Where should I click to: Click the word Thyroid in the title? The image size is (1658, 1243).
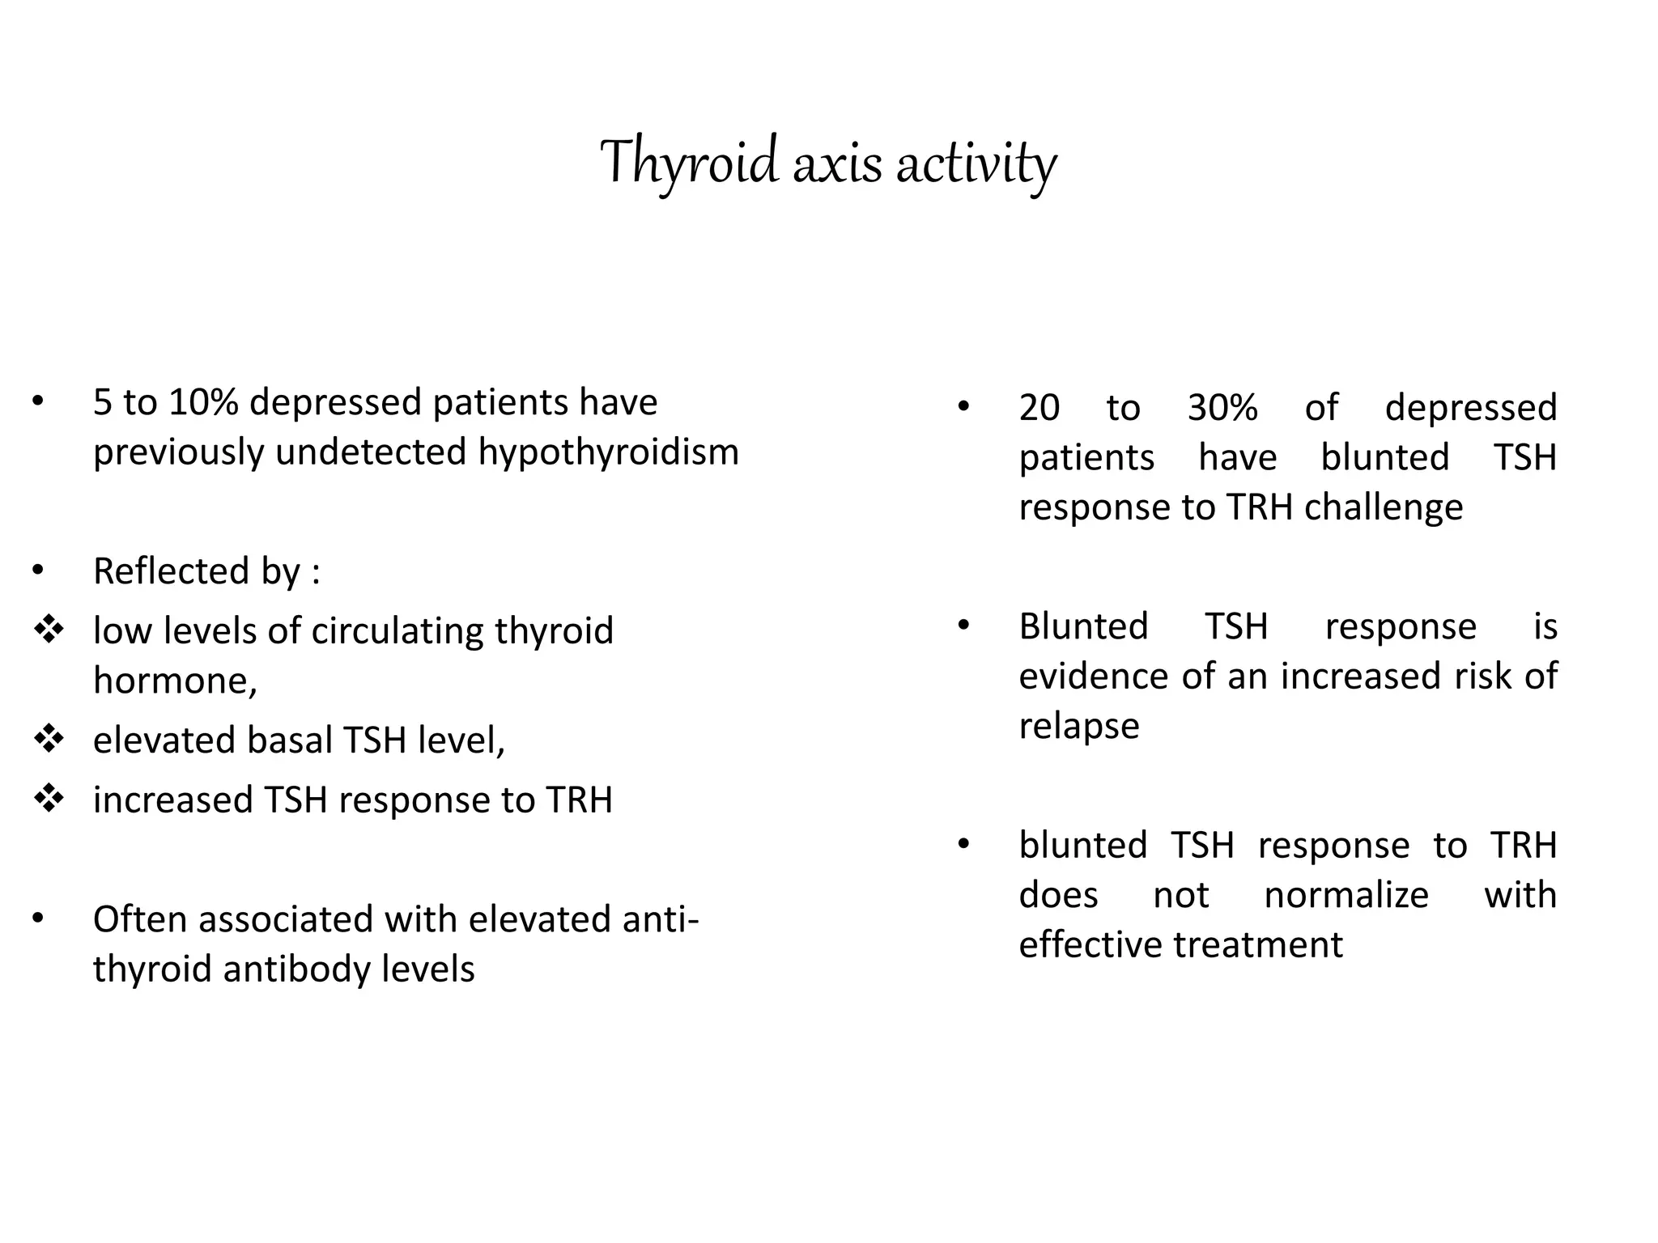pyautogui.click(x=689, y=162)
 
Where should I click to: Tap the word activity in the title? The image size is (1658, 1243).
pyautogui.click(x=976, y=163)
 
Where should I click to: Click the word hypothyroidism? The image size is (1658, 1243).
pyautogui.click(x=608, y=452)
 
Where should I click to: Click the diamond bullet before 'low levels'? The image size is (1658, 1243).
pyautogui.click(x=49, y=630)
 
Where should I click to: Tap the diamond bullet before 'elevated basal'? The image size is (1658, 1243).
pyautogui.click(x=49, y=739)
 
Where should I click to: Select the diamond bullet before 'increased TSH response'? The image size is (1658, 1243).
pyautogui.click(x=49, y=799)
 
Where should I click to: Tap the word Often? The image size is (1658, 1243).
pyautogui.click(x=140, y=919)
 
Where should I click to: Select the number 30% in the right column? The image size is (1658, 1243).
pyautogui.click(x=1222, y=407)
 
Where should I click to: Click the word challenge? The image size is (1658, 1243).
pyautogui.click(x=1384, y=507)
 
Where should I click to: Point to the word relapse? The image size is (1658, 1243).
pyautogui.click(x=1078, y=726)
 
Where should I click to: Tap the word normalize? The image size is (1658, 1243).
pyautogui.click(x=1346, y=895)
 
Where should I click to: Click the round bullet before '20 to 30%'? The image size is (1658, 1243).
pyautogui.click(x=963, y=407)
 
